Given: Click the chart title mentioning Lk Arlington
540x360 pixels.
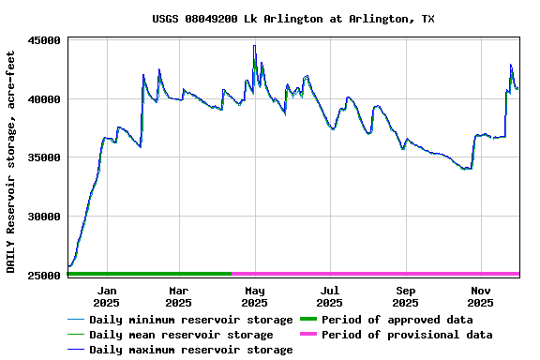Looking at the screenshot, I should [x=293, y=19].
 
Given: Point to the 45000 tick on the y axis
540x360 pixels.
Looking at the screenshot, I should [x=44, y=40].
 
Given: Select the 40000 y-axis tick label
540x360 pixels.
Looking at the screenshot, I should [x=44, y=99].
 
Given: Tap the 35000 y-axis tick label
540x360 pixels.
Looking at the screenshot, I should [x=44, y=157].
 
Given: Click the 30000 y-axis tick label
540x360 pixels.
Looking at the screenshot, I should [x=44, y=217].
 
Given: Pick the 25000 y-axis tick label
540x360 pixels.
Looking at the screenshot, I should [x=44, y=275].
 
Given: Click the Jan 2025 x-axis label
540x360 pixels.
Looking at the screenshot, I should [x=107, y=296].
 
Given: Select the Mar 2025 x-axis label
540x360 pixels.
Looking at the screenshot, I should [x=178, y=296].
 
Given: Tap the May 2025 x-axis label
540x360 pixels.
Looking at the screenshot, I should [x=254, y=296].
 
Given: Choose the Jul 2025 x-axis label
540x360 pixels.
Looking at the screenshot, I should [x=330, y=296].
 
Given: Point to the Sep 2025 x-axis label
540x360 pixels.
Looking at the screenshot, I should [x=405, y=296].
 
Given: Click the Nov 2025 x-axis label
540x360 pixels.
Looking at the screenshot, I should [x=480, y=296].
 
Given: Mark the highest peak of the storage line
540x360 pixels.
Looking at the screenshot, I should [x=254, y=46].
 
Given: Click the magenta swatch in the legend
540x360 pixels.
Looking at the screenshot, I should [x=308, y=335].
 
